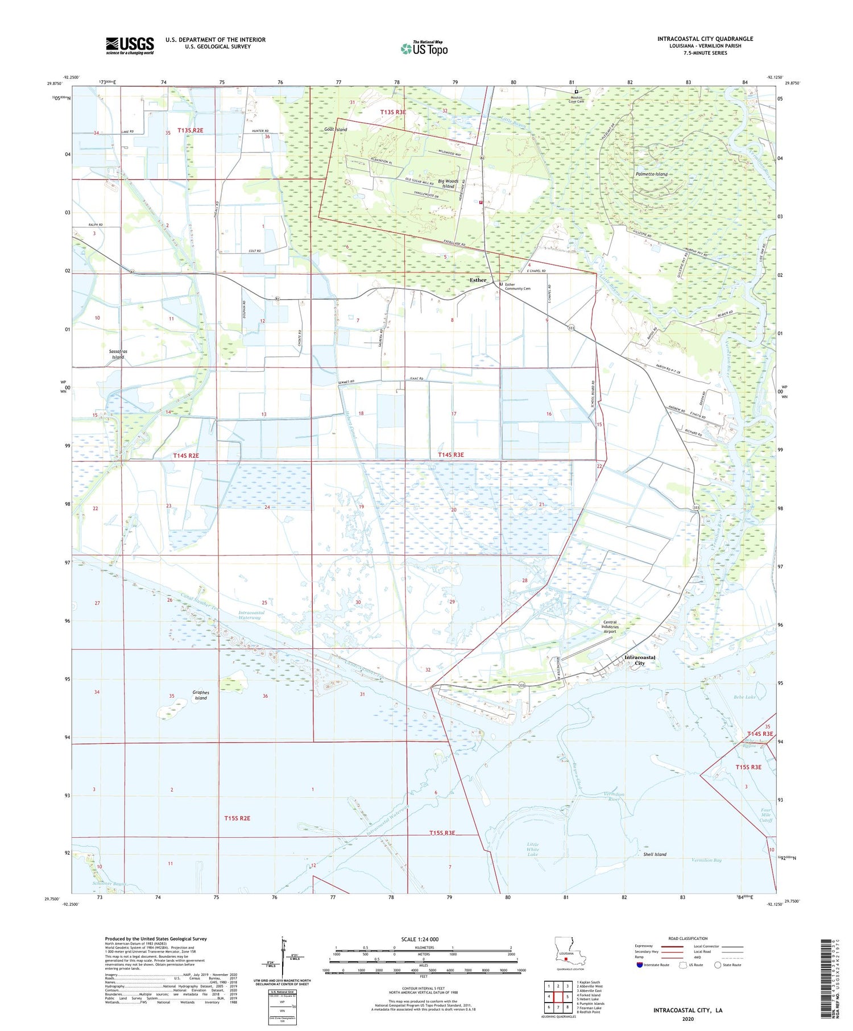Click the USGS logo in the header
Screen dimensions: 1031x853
(x=130, y=45)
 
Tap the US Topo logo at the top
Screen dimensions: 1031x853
(x=424, y=48)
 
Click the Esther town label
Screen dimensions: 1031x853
(x=478, y=280)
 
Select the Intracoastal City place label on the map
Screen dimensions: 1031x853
(x=640, y=660)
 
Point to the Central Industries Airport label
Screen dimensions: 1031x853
(x=610, y=626)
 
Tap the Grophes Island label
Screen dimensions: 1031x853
(x=201, y=695)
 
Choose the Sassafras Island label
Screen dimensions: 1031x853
(x=118, y=354)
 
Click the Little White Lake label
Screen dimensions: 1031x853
(x=532, y=849)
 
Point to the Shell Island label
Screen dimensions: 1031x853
(x=655, y=854)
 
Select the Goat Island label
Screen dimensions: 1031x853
(x=336, y=130)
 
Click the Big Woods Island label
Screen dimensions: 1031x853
(x=448, y=184)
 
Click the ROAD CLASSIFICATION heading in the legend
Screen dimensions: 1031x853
(x=688, y=938)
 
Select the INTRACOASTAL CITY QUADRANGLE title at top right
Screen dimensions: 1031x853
(x=705, y=39)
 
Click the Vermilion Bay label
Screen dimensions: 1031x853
(x=706, y=860)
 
